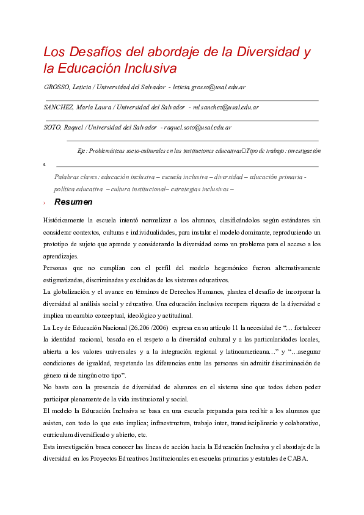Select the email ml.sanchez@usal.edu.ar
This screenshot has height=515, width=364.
226,108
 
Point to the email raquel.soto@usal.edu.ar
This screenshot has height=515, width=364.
198,128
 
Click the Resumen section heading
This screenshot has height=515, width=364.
73,202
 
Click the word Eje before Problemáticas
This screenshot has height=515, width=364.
82,150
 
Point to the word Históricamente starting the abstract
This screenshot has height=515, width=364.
64,220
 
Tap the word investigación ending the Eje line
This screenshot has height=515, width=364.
304,150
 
